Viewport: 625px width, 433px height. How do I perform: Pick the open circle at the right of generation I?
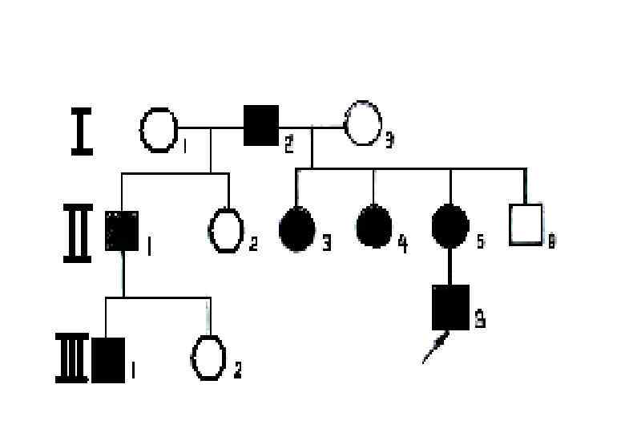click(x=363, y=123)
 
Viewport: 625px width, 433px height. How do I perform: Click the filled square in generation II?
click(x=122, y=230)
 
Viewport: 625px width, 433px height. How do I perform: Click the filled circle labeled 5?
click(x=450, y=228)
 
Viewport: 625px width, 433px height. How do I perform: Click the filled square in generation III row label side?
click(x=108, y=358)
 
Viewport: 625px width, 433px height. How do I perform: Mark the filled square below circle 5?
click(x=450, y=307)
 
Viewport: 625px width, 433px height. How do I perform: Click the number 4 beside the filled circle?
click(x=402, y=243)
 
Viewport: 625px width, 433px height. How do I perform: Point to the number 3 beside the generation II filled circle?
click(x=326, y=244)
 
